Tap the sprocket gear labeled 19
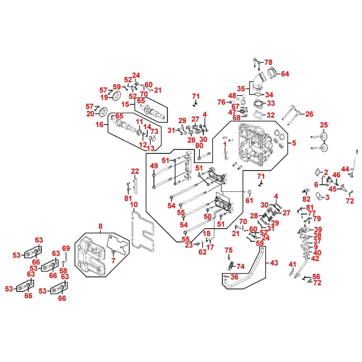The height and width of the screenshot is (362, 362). coord(116,96)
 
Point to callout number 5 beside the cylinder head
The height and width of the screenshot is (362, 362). coord(294,143)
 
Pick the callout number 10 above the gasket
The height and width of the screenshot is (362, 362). coord(134,205)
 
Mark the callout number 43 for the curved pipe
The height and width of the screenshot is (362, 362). coord(274,263)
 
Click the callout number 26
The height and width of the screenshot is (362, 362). coord(309,114)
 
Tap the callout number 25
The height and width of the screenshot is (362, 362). coord(324,125)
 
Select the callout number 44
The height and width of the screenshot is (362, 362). coord(345,169)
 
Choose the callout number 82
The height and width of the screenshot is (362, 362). coord(306,199)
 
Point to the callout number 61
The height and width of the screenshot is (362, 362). coord(249,201)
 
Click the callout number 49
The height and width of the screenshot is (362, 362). coord(154,166)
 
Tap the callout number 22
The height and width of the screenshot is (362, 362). coord(135,171)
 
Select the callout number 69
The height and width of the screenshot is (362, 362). coord(66,248)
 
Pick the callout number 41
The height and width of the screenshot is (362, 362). coord(292,265)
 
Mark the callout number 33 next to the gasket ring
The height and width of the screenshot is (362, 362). coord(271,104)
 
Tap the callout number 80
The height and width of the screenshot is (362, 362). coord(199,146)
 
